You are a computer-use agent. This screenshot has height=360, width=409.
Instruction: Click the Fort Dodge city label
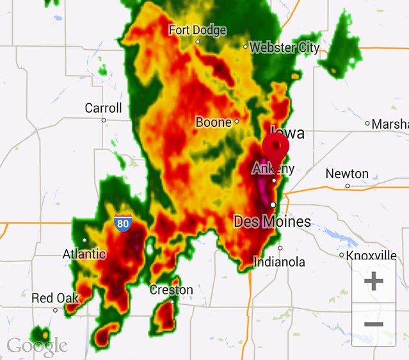[198, 30]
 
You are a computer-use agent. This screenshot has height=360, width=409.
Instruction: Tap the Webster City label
[284, 47]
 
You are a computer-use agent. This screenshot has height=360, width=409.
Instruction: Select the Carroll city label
[103, 108]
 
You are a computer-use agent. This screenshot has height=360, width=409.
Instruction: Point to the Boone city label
[213, 121]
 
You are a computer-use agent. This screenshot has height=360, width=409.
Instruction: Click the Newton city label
[347, 174]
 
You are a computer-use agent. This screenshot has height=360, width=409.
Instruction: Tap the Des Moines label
[272, 222]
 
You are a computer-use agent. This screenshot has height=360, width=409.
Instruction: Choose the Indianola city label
[280, 262]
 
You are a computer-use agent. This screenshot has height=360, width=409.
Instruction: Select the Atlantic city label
[84, 254]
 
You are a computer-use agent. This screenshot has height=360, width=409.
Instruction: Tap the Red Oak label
[55, 298]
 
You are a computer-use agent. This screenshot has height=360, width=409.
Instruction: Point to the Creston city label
[171, 290]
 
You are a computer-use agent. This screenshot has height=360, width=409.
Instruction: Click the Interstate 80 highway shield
[124, 223]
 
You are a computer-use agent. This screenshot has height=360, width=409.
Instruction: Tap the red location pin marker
[276, 147]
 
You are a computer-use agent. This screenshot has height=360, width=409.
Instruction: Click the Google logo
[36, 346]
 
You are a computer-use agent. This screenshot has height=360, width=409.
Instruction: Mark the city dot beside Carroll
[104, 120]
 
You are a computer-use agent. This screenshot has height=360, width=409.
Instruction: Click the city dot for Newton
[348, 186]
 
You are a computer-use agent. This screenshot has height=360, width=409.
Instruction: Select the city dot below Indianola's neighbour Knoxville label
[342, 255]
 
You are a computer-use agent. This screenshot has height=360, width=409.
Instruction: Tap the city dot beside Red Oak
[55, 310]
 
